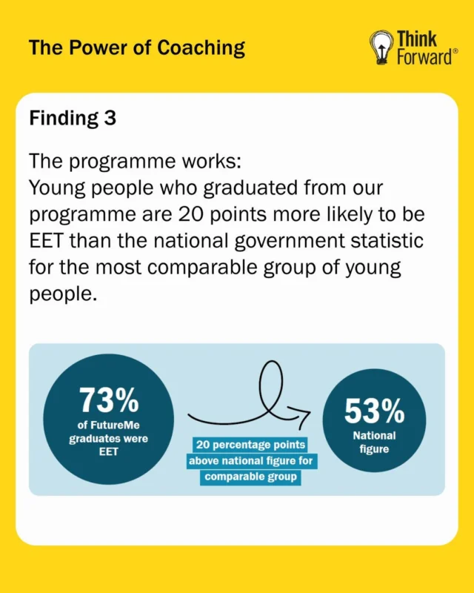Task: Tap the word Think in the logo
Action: tap(416, 39)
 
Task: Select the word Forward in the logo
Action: tap(424, 57)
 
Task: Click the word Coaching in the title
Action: tap(201, 49)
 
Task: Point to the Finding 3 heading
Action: tap(73, 119)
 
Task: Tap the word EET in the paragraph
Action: tap(45, 240)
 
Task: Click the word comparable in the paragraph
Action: tap(202, 268)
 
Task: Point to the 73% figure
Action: tap(109, 400)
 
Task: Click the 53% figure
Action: tap(374, 411)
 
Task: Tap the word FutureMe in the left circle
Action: tap(119, 425)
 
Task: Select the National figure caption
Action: tap(374, 442)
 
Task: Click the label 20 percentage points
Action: tap(250, 444)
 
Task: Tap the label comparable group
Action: tap(250, 477)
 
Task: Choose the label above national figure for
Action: tap(251, 461)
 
